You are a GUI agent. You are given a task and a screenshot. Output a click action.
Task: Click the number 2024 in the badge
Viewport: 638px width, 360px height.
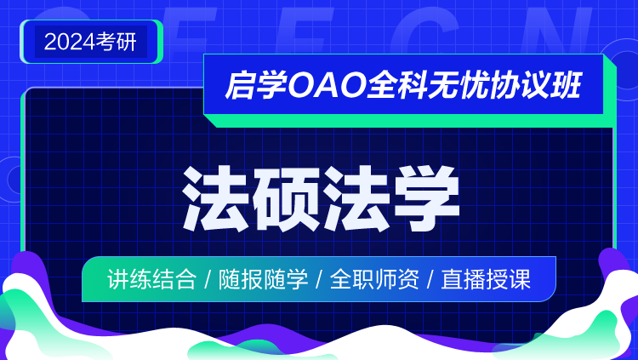[70, 42]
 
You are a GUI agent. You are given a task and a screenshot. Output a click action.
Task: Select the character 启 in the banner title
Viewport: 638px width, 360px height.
[240, 85]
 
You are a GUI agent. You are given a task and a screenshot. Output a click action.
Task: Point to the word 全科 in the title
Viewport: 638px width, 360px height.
[396, 85]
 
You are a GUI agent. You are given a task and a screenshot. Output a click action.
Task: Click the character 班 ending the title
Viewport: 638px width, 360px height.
[565, 85]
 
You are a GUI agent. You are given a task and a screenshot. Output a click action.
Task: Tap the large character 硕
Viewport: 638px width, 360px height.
[286, 198]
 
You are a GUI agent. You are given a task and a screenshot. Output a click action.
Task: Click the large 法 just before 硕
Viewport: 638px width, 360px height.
[216, 198]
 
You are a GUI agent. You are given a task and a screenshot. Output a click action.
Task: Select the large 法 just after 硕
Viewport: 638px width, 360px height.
[356, 198]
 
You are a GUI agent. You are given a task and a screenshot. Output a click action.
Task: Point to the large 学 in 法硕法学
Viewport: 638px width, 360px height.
[426, 198]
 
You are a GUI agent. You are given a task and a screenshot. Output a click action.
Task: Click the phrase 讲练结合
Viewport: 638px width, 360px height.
[151, 279]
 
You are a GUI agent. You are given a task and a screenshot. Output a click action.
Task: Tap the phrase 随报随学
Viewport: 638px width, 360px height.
[263, 279]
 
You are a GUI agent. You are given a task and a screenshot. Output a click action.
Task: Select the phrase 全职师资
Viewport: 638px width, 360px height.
[374, 279]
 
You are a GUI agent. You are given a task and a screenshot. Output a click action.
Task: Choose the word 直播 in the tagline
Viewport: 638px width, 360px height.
[464, 279]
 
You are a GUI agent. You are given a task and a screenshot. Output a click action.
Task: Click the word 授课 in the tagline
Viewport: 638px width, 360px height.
[509, 279]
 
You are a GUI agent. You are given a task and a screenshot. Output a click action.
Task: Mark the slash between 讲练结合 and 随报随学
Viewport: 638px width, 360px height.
[208, 280]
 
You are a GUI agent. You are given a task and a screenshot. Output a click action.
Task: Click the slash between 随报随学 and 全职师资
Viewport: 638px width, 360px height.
[319, 280]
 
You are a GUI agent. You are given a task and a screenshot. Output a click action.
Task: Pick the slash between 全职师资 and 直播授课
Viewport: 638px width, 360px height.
[430, 280]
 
